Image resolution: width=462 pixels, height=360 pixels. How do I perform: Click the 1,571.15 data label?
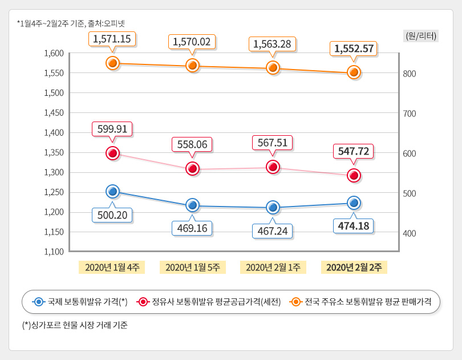112,39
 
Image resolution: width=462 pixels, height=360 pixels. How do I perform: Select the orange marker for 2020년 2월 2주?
354,72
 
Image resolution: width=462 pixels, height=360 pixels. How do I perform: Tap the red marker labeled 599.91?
112,153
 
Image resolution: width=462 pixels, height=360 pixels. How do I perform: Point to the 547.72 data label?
354,151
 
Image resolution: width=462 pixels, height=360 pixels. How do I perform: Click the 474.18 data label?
354,226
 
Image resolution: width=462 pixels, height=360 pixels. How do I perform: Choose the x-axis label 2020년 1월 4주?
112,267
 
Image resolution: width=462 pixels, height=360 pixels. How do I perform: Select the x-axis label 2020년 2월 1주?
273,267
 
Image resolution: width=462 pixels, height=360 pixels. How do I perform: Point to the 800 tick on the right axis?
410,74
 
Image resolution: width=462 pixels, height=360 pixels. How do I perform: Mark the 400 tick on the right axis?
410,233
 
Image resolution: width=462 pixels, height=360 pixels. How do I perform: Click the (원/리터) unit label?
421,35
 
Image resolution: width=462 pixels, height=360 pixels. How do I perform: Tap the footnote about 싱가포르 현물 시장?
75,326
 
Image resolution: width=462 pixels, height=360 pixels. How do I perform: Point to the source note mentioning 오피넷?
71,23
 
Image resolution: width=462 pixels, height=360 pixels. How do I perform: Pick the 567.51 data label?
273,141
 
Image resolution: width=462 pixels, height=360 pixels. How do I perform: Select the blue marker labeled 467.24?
273,207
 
